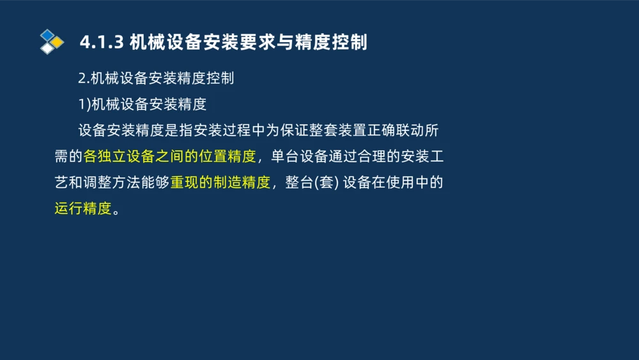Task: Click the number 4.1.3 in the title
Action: [101, 42]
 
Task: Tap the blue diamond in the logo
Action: [47, 35]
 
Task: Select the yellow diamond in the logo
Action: [58, 42]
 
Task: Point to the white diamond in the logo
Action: [47, 49]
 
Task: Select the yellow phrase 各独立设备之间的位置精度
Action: [169, 156]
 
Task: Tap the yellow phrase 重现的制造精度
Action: [220, 182]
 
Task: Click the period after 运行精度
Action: [116, 210]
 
